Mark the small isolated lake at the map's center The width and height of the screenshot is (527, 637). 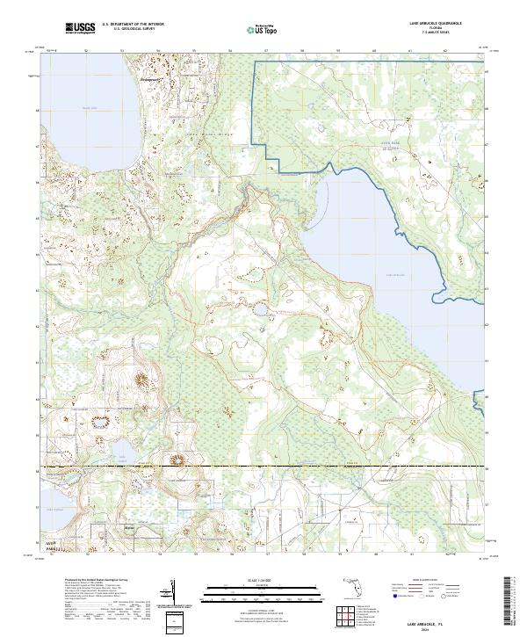click(262, 309)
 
